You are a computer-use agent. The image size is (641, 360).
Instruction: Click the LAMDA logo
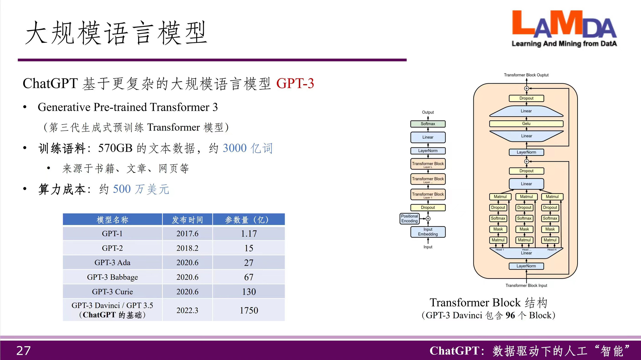click(564, 29)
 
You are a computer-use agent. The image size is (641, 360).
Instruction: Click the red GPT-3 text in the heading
click(295, 83)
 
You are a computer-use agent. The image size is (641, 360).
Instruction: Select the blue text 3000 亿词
click(247, 148)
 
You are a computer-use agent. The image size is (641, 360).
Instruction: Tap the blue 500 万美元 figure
click(141, 189)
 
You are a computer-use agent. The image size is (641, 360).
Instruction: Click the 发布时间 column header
click(187, 220)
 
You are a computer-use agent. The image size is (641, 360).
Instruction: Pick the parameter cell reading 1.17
click(249, 234)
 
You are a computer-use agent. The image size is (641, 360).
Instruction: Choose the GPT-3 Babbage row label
click(112, 277)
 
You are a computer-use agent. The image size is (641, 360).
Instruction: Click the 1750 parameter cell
click(249, 310)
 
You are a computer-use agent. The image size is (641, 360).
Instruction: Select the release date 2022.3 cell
click(187, 310)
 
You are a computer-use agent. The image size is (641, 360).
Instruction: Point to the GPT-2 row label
click(112, 248)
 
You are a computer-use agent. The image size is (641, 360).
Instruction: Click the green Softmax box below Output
click(428, 124)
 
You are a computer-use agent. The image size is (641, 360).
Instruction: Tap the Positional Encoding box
click(410, 219)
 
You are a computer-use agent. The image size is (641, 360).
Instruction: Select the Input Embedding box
click(428, 232)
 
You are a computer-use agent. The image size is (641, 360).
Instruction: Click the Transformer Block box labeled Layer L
click(428, 164)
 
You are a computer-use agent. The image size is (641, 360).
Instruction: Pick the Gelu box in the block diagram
click(526, 124)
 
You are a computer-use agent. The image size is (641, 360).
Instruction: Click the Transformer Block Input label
click(526, 285)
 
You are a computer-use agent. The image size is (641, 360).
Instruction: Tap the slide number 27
click(23, 351)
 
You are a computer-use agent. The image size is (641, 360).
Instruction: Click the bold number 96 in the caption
click(510, 315)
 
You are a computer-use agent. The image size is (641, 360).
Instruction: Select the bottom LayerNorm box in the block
click(526, 266)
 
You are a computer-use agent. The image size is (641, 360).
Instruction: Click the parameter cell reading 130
click(249, 292)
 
